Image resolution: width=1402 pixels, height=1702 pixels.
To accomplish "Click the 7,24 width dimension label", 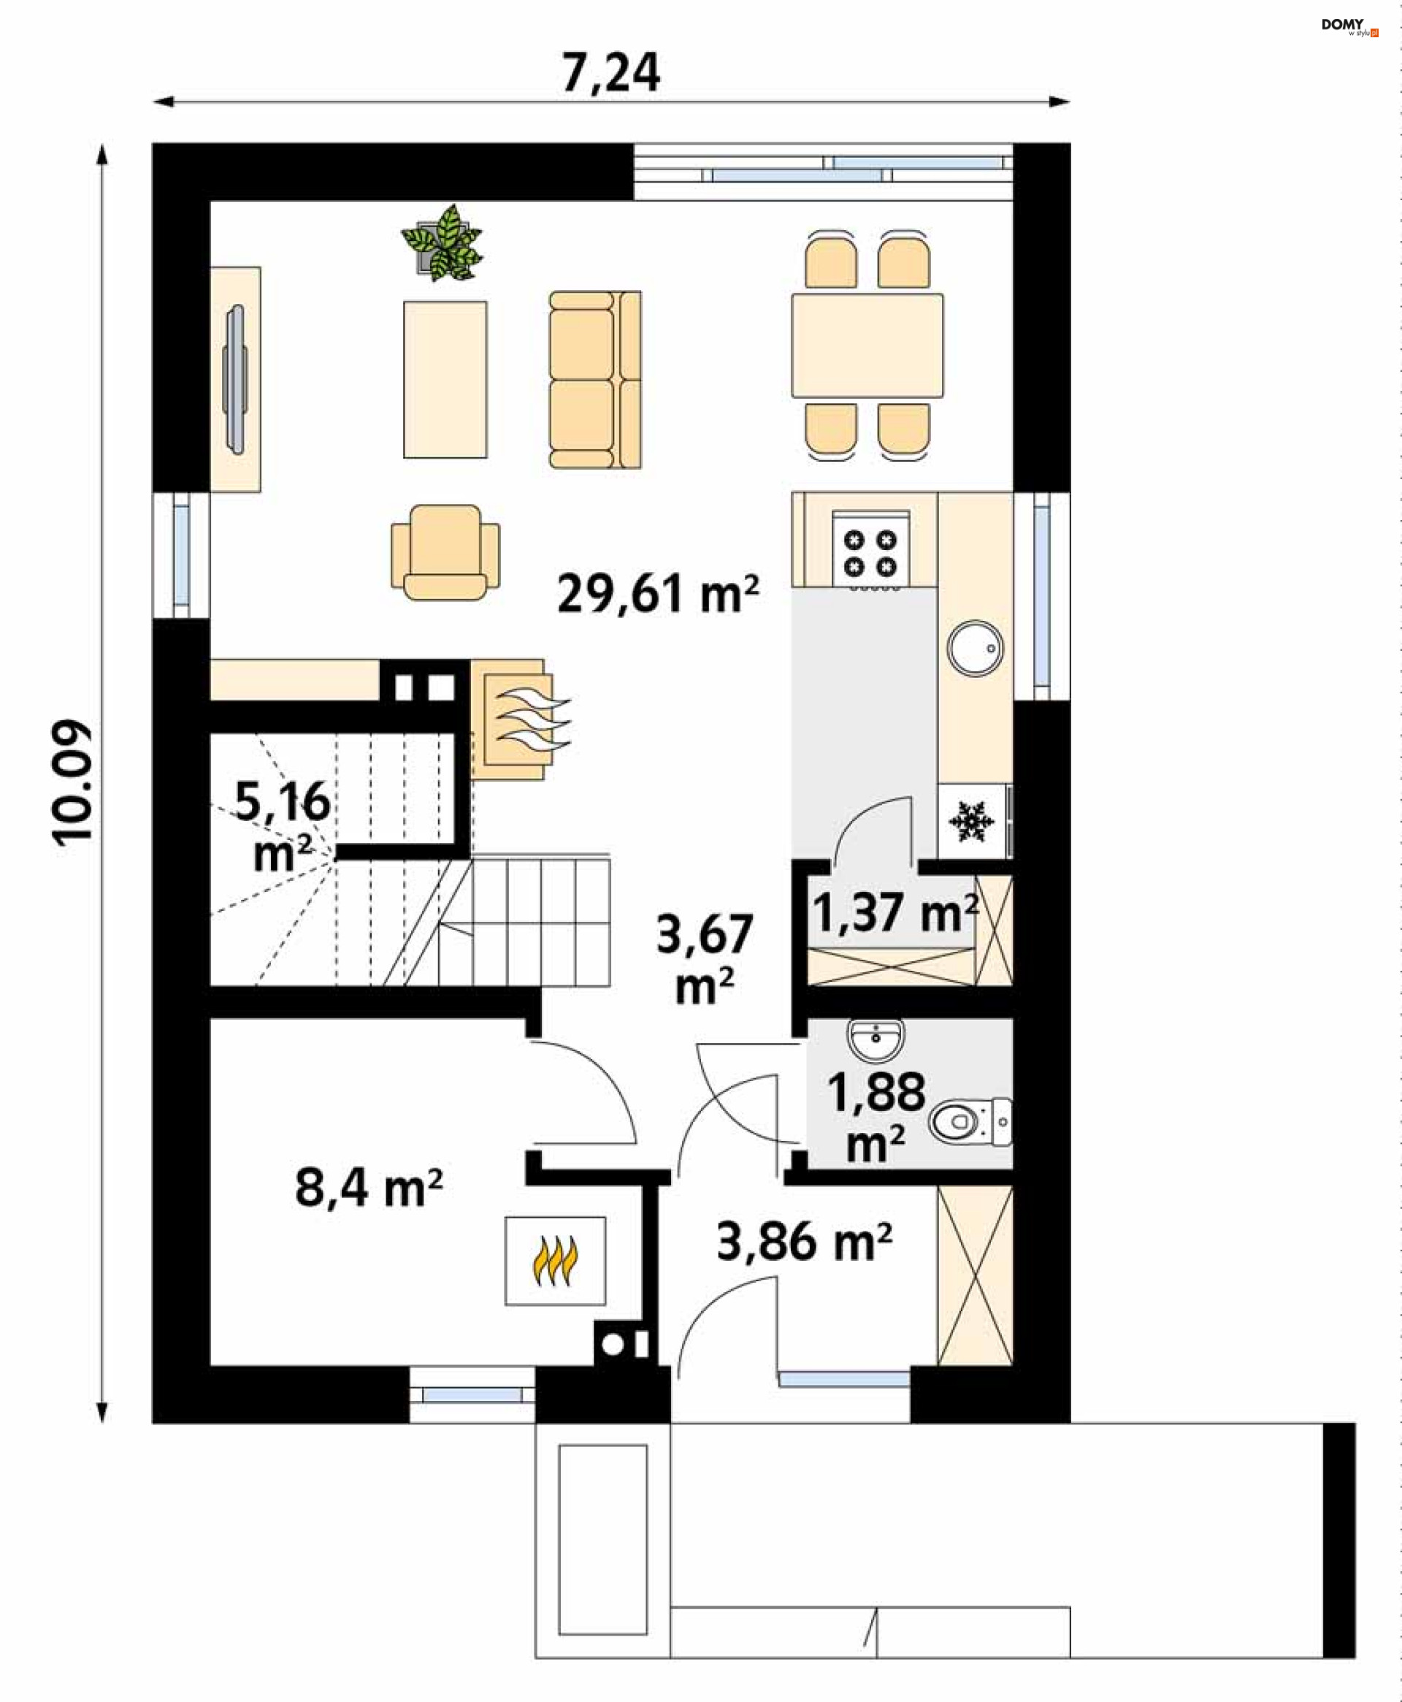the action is tap(610, 73).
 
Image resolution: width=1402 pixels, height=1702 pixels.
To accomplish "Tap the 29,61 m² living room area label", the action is tap(657, 594).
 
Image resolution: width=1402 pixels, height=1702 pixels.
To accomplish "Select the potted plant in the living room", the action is tap(443, 243).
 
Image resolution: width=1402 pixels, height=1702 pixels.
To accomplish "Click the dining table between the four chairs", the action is tap(867, 346).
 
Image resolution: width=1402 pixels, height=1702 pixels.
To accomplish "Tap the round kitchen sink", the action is tap(975, 648).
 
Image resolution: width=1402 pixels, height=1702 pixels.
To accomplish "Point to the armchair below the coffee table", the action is tap(445, 552).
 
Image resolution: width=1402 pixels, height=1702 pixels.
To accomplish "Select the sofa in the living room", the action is tap(595, 380).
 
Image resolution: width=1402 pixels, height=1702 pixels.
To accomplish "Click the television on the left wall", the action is tap(236, 379).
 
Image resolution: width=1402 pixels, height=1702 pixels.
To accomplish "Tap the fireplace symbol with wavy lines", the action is tap(521, 719).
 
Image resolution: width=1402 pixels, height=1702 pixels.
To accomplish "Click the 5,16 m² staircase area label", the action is tap(282, 826).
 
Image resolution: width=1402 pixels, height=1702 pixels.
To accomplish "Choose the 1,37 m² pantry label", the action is tap(895, 913).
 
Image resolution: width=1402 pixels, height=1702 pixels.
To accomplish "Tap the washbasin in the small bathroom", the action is tap(876, 1039).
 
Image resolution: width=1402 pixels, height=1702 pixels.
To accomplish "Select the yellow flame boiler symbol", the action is tap(555, 1261).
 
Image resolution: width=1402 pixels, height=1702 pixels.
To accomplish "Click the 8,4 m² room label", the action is tap(368, 1188).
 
